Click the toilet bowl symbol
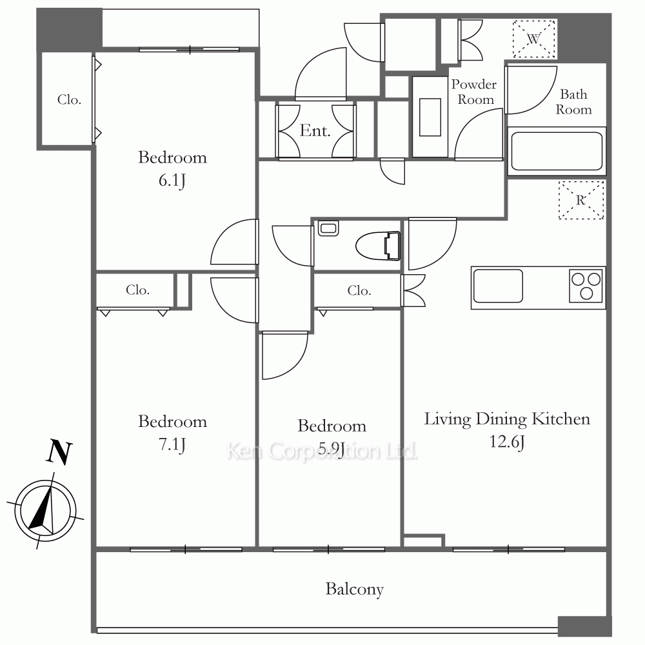pos(377,246)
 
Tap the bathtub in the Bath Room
pos(557,151)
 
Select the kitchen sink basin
pos(498,286)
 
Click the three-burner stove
pos(586,286)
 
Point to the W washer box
pos(534,39)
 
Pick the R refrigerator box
pos(581,201)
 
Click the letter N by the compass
pos(60,452)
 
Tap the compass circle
pos(45,510)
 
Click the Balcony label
pos(355,589)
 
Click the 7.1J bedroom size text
pos(172,444)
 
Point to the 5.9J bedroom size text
pos(332,448)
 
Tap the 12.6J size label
pos(507,442)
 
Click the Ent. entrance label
pos(315,130)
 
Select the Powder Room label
pos(474,92)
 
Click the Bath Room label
pos(574,102)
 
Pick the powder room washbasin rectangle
pos(430,117)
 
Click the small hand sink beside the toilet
pos(328,228)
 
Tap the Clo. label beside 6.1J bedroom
pos(69,99)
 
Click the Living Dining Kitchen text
pos(507,419)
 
